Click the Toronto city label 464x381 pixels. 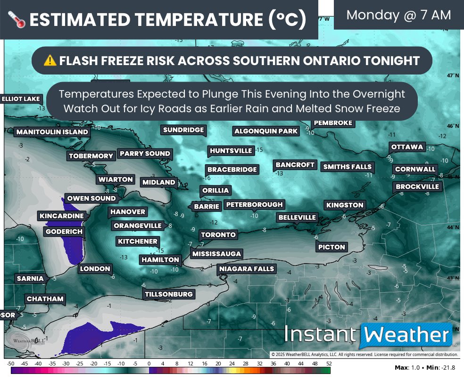[218, 235]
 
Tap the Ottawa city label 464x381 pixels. [407, 147]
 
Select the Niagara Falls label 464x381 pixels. [247, 269]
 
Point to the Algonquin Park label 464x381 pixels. [266, 131]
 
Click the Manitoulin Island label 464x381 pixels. [52, 132]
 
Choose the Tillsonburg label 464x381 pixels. [169, 294]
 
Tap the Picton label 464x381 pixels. [331, 247]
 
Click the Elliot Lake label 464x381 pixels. [22, 99]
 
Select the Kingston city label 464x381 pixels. [345, 205]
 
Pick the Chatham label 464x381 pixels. [45, 299]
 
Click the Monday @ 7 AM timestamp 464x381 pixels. [398, 15]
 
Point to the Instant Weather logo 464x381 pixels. [367, 336]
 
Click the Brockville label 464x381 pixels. [417, 187]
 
